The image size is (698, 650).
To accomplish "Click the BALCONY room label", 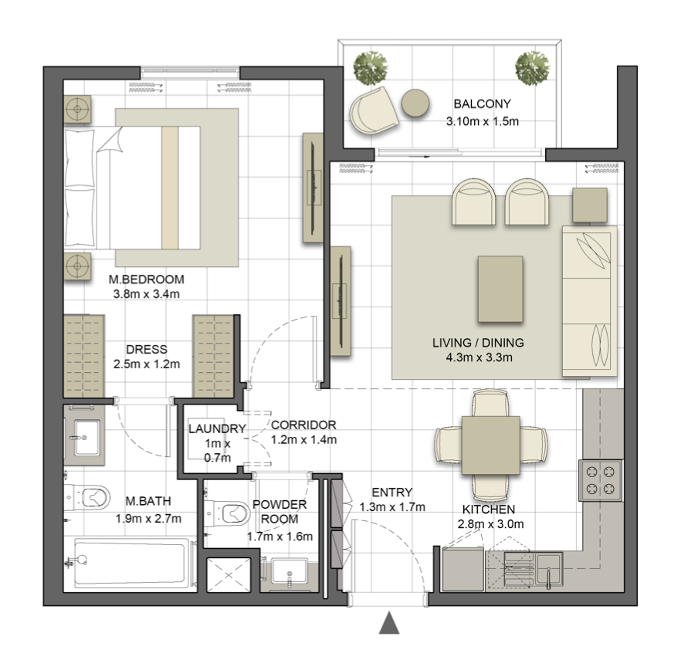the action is [x=482, y=103].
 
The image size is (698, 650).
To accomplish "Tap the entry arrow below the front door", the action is [x=389, y=623].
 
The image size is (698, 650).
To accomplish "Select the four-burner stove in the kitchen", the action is [x=601, y=480].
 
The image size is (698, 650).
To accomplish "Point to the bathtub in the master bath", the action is [x=130, y=562].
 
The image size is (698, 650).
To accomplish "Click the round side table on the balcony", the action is [x=415, y=103].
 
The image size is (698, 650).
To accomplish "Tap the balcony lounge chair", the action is [x=373, y=110].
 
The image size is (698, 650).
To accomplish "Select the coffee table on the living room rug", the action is [x=500, y=289].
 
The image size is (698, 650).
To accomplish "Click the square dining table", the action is [x=490, y=445].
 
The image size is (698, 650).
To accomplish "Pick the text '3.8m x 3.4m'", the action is [x=147, y=294].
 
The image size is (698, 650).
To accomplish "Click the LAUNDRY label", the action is [x=217, y=428].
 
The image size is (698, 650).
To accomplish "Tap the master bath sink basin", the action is [x=86, y=438].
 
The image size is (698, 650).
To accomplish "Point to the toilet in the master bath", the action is [x=87, y=497].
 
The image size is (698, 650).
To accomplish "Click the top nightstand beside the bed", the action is [x=77, y=109].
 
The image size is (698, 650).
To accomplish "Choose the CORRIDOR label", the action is [x=303, y=425].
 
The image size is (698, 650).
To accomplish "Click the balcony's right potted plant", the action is [x=532, y=68].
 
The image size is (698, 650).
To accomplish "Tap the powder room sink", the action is [x=290, y=571].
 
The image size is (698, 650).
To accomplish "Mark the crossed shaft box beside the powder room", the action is [x=229, y=575].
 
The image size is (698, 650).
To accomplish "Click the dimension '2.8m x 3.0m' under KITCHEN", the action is [x=490, y=524].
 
